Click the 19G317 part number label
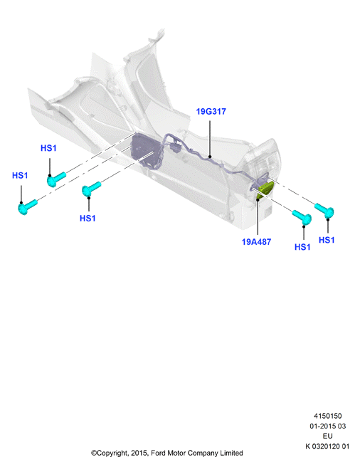tap(211, 111)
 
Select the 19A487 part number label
tap(256, 242)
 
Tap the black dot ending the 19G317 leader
tap(210, 157)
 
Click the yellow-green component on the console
tap(265, 189)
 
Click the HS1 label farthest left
tap(20, 175)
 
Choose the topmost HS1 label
tap(48, 148)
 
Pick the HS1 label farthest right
tap(327, 240)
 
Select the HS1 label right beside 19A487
tap(302, 247)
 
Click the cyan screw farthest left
tap(27, 206)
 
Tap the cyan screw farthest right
tap(324, 210)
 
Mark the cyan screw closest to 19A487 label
tap(302, 217)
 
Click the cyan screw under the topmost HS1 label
tap(56, 179)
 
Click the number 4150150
tap(327, 416)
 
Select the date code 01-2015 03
tap(327, 426)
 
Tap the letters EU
tap(327, 436)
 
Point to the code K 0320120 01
tap(327, 446)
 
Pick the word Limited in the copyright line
tap(231, 453)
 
